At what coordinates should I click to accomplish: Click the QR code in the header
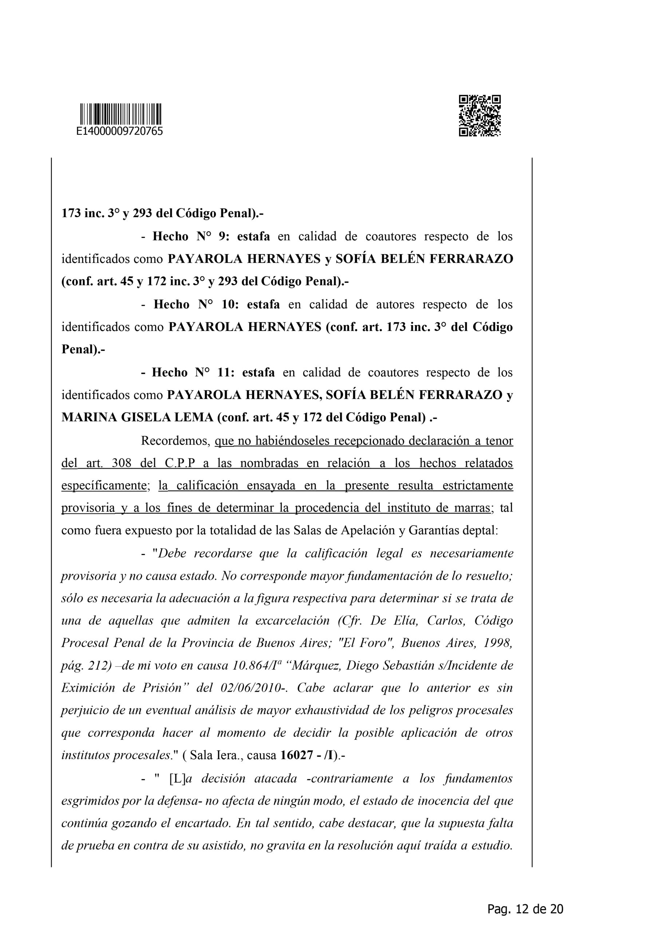coord(480,116)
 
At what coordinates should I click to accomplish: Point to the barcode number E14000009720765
coord(120,131)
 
